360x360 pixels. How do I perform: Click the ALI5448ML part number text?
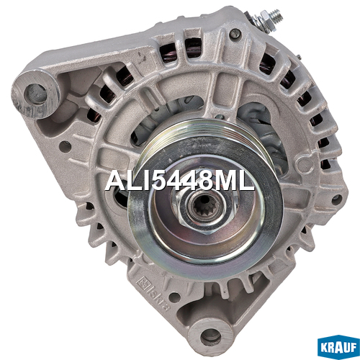[x=179, y=181]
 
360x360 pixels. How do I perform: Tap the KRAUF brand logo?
[x=338, y=348]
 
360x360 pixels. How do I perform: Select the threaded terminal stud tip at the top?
[x=276, y=14]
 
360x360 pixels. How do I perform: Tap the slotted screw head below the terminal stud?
[x=235, y=34]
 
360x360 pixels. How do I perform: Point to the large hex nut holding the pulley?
[x=204, y=207]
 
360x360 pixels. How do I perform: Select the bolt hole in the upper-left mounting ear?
[x=36, y=94]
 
